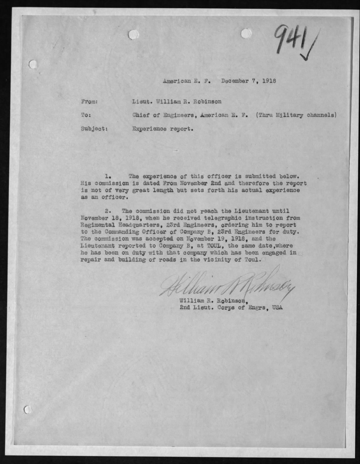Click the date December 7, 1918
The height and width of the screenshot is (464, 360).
[248, 81]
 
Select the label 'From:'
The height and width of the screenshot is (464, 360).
[89, 102]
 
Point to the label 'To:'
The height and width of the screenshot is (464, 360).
[86, 115]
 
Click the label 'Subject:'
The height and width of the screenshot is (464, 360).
[94, 129]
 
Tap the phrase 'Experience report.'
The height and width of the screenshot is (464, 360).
[163, 129]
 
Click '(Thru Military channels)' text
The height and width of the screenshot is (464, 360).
[296, 115]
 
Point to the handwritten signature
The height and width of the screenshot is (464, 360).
[226, 285]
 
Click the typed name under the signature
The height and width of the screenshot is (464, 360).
[213, 301]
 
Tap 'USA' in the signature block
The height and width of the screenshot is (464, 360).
[277, 308]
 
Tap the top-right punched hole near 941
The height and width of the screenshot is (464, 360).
[246, 34]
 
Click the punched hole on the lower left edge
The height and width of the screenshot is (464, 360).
[28, 409]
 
